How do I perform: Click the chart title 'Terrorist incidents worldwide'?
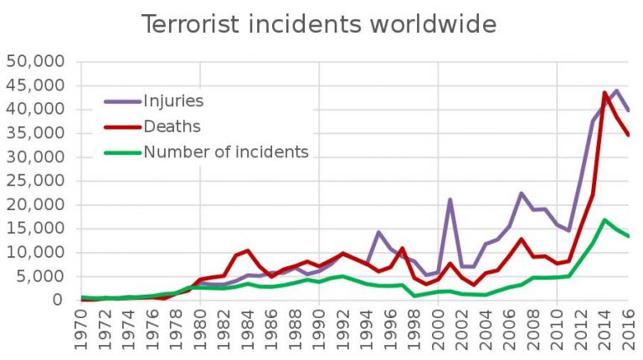[318, 24]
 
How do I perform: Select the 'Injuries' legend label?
[173, 101]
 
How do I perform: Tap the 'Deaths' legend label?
[172, 126]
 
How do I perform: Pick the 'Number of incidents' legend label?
[226, 152]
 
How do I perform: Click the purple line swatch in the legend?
[122, 101]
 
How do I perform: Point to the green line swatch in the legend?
[122, 152]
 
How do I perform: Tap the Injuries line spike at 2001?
[450, 199]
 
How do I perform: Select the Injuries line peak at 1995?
[378, 232]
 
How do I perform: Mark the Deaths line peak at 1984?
[248, 250]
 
